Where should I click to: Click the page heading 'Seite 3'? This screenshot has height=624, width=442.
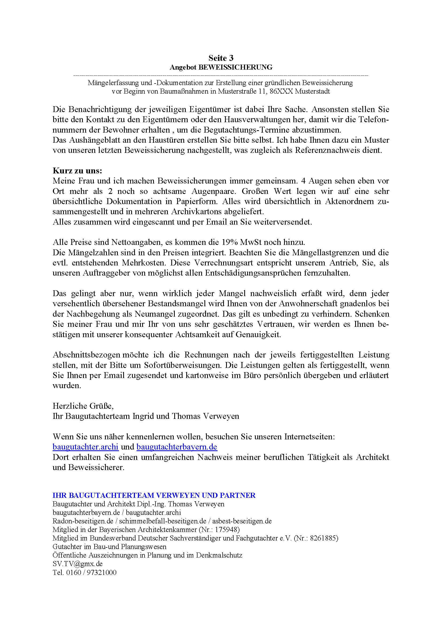click(x=221, y=58)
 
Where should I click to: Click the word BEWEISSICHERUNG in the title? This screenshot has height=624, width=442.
click(x=235, y=67)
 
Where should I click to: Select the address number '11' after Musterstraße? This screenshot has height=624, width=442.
click(x=263, y=91)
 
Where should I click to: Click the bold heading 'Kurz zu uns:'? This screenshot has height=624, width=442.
click(x=77, y=171)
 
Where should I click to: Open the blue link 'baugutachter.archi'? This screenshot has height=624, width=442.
click(x=86, y=447)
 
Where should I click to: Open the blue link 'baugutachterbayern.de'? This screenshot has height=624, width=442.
click(x=177, y=447)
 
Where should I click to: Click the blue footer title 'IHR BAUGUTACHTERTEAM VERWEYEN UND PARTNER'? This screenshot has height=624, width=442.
click(x=154, y=495)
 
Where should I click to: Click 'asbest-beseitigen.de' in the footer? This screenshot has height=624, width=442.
click(x=242, y=521)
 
